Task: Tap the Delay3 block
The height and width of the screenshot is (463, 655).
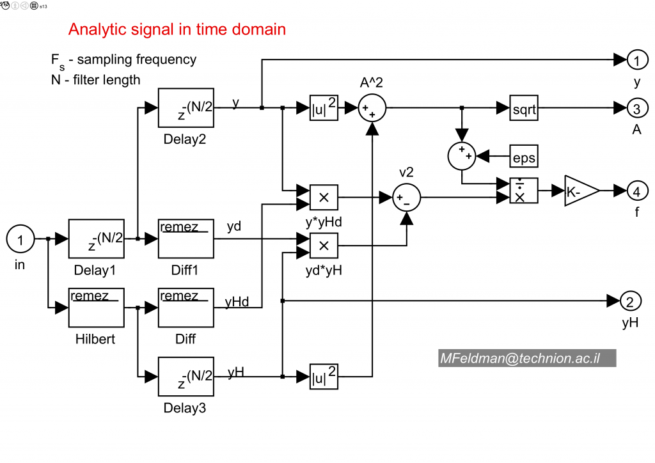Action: coord(185,377)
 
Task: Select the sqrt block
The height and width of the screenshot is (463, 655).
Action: coord(524,109)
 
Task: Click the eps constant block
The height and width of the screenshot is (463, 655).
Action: coord(524,155)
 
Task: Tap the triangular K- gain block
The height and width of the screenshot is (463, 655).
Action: coord(580,191)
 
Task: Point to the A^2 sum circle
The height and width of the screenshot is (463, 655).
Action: coord(370,109)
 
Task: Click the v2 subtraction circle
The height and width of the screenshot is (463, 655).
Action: coord(406,198)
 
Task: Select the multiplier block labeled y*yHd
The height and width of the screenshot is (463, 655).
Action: coord(324,198)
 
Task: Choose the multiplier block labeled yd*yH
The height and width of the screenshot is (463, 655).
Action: coord(324,245)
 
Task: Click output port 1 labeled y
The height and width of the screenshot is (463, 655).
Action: coord(636,61)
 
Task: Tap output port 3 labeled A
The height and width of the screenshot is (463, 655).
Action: coord(636,109)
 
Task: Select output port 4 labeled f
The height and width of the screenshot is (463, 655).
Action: coord(636,191)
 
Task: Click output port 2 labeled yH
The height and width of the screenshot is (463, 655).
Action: coord(631,301)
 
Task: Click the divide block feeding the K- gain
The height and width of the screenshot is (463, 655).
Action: coord(524,191)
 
